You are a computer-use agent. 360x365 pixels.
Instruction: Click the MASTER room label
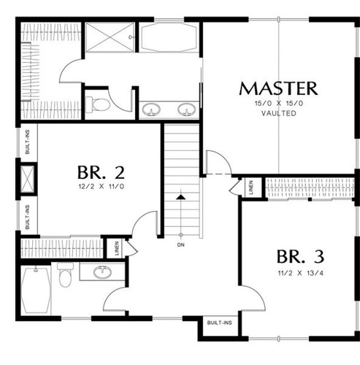(279, 88)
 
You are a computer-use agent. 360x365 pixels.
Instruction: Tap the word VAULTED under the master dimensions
(279, 113)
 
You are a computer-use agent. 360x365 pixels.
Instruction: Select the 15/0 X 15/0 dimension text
(279, 104)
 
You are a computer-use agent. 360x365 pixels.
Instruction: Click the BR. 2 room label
(101, 172)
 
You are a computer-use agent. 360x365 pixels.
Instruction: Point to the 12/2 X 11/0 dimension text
(102, 187)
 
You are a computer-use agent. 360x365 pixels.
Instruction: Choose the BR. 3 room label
(300, 256)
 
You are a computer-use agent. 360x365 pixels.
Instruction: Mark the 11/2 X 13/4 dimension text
(301, 273)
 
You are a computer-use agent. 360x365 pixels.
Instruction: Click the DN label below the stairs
(181, 245)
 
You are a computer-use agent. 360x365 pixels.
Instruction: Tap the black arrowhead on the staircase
(180, 197)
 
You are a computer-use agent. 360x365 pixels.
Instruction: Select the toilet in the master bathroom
(98, 104)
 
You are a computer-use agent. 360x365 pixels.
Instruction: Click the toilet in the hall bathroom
(65, 275)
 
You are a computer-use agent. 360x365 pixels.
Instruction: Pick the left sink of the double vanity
(151, 109)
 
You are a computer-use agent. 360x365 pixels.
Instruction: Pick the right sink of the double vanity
(186, 109)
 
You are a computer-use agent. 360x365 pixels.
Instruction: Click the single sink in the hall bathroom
(102, 272)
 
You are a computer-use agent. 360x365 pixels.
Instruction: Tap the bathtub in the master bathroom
(169, 37)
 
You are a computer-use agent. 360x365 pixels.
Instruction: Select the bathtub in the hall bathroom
(36, 290)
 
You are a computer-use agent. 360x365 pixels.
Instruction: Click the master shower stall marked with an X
(110, 37)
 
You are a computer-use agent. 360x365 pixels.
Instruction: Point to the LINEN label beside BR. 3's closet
(251, 187)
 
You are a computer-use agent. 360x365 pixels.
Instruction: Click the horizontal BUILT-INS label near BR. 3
(220, 323)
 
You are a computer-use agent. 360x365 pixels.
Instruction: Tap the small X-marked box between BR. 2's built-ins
(27, 179)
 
